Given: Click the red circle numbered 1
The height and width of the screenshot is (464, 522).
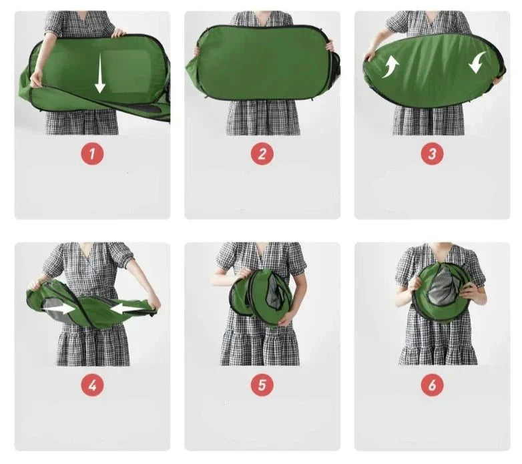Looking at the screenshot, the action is (92, 154).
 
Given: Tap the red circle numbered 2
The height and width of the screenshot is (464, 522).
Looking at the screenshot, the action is (262, 154).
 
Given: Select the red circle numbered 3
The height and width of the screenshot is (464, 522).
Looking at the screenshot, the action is (432, 154).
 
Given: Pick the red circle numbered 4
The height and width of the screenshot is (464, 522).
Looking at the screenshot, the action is (92, 385).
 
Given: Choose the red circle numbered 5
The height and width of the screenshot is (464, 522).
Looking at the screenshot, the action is (262, 385).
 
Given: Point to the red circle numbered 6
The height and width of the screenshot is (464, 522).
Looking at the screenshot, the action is (432, 385).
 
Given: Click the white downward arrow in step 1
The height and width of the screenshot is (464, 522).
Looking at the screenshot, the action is (100, 73).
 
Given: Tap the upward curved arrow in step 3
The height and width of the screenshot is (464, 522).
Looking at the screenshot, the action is (391, 67).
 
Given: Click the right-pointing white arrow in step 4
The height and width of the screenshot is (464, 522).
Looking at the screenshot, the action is (59, 309).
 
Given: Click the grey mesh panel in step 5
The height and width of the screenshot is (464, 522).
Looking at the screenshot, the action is (274, 293).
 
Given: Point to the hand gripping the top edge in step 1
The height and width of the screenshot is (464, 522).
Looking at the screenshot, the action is (119, 33).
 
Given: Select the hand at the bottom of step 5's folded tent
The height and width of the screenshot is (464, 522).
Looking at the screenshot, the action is (286, 319).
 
